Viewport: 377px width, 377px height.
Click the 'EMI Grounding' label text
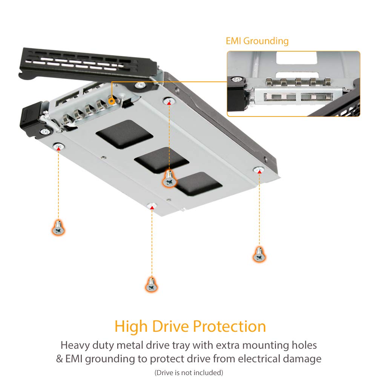click(x=257, y=41)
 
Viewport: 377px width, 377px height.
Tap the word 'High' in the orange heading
click(x=132, y=326)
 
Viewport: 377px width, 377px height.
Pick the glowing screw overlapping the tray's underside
click(x=170, y=179)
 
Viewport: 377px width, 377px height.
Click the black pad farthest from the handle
click(x=198, y=184)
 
